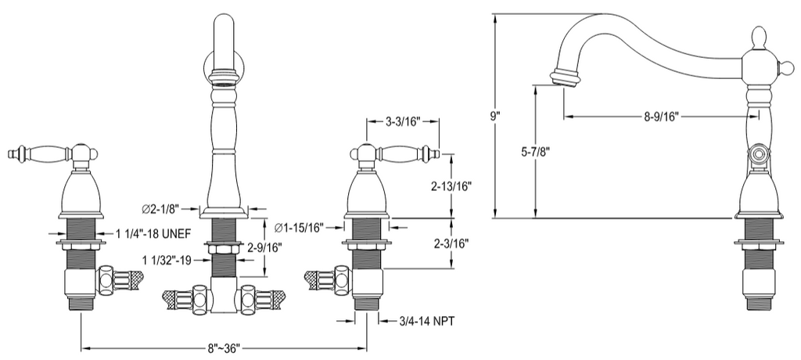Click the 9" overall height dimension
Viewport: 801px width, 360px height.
point(494,116)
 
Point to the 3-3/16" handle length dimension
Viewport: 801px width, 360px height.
point(402,121)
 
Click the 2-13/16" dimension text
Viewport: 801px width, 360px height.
point(451,186)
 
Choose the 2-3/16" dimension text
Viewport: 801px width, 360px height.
point(451,243)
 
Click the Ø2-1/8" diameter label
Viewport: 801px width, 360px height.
point(160,209)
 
